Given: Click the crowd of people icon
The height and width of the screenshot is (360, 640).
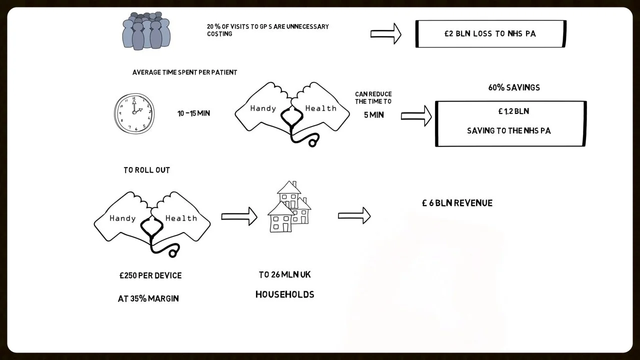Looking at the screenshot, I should (x=146, y=31).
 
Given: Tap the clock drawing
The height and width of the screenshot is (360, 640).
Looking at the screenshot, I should (x=134, y=113).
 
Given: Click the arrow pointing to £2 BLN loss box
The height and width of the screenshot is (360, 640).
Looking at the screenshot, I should (x=385, y=34).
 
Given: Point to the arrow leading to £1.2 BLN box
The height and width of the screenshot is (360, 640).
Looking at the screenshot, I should (x=416, y=116).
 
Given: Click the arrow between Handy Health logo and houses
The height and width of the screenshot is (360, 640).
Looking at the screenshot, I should (x=239, y=216).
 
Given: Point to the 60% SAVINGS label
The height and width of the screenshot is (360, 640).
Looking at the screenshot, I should (x=514, y=87).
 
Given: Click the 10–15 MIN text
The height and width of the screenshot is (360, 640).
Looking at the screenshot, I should (x=193, y=113).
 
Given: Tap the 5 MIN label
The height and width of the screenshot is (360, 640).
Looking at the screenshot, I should (x=373, y=115).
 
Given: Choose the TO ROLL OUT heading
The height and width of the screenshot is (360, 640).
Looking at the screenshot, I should (x=146, y=170).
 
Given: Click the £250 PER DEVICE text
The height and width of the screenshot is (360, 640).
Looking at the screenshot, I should (x=150, y=275).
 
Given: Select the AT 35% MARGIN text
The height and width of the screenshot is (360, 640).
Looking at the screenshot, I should (x=148, y=298).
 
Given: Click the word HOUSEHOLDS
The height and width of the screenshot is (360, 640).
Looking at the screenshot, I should (x=284, y=294).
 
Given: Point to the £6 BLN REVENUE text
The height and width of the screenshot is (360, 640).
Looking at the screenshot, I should (x=457, y=203).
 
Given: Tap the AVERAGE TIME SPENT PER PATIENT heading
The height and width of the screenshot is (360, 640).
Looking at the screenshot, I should (x=184, y=72).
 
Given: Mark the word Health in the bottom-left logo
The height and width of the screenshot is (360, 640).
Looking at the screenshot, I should (x=181, y=218).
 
